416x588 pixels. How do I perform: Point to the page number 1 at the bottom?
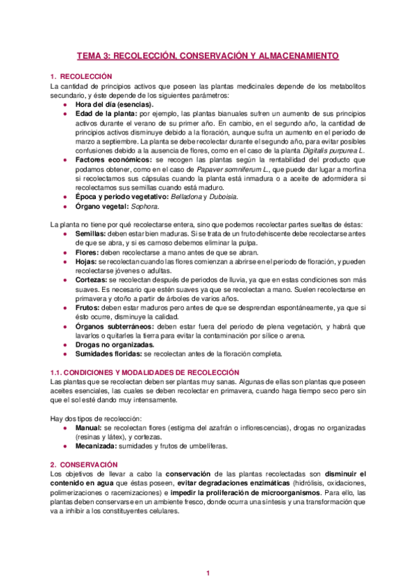(x=208, y=573)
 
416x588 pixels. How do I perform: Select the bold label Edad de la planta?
(x=106, y=113)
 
